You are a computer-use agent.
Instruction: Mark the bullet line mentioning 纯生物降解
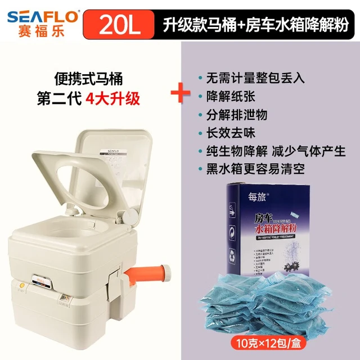[x=273, y=151]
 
